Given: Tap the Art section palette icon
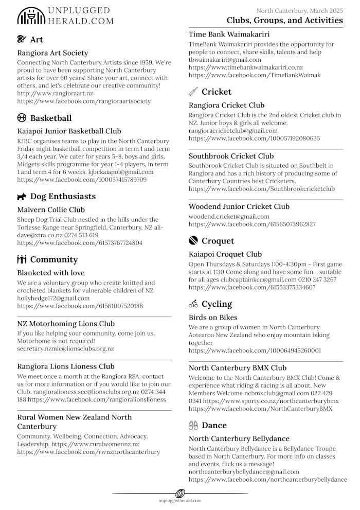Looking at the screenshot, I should (22, 40).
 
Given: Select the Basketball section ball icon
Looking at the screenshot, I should (22, 118).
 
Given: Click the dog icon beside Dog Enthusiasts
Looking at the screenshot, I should (22, 196).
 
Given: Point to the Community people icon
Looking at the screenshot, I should (22, 259).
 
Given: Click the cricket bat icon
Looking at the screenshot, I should (193, 92).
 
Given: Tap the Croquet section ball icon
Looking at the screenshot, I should (193, 240).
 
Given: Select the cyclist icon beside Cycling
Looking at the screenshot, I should (193, 304).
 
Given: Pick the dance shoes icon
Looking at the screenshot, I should (193, 425).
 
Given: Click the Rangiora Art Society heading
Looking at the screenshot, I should (52, 53).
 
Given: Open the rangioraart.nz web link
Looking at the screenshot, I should (55, 93).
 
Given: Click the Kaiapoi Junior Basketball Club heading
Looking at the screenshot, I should (69, 131).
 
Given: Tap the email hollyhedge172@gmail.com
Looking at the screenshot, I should (53, 298).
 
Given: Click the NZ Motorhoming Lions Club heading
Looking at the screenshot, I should (66, 324).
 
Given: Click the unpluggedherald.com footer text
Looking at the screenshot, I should (180, 500).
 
